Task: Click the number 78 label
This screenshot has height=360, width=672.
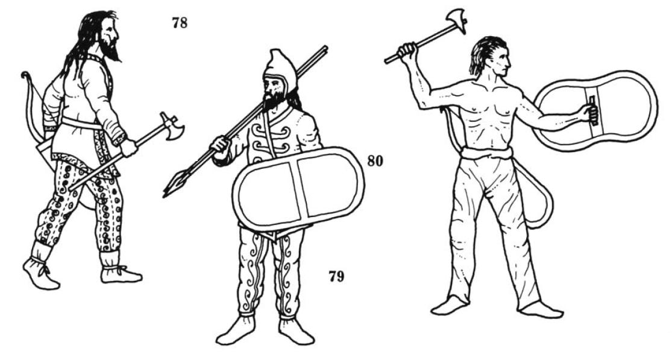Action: (180, 22)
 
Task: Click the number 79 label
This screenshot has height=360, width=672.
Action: (336, 276)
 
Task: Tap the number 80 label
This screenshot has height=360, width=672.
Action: (375, 161)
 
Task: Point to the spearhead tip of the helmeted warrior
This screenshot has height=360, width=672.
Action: (165, 195)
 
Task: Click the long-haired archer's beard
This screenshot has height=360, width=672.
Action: (110, 51)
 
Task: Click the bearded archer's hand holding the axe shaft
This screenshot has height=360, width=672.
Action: (128, 147)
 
